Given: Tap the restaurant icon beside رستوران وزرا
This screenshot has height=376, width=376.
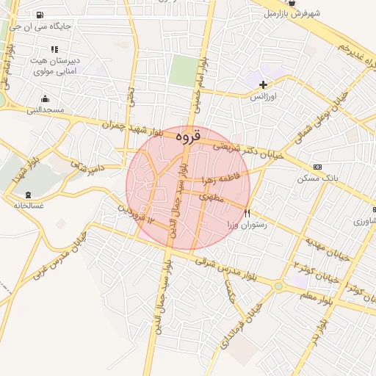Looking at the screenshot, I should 247,213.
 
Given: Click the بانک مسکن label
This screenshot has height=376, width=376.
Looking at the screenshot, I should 317,178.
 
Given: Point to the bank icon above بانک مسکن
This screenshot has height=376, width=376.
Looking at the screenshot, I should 317,167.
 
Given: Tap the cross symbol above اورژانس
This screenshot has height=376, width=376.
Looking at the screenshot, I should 263,84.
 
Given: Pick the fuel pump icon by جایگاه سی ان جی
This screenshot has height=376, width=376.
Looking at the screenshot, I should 39,15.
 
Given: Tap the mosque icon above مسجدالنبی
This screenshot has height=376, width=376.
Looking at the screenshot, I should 46,99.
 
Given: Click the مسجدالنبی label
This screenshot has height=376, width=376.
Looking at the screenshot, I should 46,111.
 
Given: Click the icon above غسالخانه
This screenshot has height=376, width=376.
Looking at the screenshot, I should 28,195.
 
